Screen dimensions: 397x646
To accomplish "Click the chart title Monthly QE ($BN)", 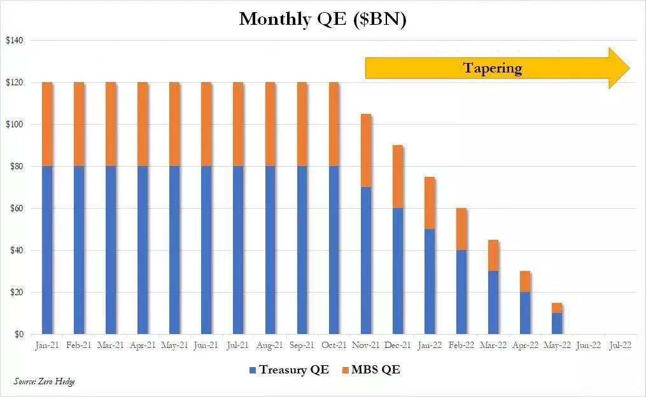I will (x=323, y=19).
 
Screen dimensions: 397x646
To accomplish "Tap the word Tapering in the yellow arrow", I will (x=493, y=68).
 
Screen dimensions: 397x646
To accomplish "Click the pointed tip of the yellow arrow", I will (x=629, y=67).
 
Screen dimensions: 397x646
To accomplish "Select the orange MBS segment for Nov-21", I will (x=366, y=151).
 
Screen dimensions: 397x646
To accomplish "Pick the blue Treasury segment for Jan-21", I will (x=47, y=249).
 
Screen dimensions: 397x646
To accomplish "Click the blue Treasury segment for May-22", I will (x=557, y=323).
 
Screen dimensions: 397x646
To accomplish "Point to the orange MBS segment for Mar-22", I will (x=493, y=256).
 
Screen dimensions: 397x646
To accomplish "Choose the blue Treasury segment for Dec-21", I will (x=398, y=271).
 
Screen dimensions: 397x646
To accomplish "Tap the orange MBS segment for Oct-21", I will (x=334, y=124).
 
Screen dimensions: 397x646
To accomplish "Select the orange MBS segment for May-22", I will (x=557, y=308).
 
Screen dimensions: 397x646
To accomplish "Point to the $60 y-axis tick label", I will (x=15, y=209).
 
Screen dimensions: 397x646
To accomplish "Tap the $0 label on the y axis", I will (x=18, y=334).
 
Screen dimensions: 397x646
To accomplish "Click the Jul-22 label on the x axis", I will (x=620, y=345).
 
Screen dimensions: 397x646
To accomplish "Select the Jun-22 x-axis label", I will (x=588, y=345).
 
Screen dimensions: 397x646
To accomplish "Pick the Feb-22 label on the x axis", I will (x=461, y=345).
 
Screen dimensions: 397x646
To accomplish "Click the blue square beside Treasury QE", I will (x=253, y=370).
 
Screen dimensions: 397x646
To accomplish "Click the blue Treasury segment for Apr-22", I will (x=525, y=313).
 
